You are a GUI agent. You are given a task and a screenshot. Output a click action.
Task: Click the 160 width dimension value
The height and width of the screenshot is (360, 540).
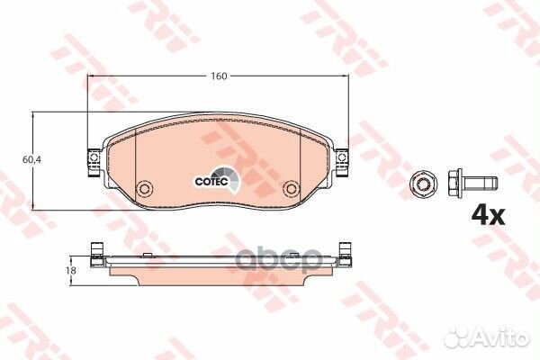[219, 76]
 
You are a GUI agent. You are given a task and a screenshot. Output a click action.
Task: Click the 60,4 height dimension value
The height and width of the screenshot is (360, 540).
[31, 159]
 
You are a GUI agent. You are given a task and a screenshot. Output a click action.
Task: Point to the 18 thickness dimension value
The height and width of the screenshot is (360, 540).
[72, 271]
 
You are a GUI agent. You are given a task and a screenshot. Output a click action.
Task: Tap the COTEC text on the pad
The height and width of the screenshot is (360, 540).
[211, 182]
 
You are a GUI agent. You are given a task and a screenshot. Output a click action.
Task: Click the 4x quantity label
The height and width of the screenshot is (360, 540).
[488, 216]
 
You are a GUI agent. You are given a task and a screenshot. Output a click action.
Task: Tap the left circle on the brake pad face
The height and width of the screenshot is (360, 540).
[144, 188]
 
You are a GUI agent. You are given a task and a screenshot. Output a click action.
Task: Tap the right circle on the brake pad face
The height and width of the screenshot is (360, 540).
[291, 188]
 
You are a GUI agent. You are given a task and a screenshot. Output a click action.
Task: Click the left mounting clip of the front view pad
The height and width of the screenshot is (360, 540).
[94, 162]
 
